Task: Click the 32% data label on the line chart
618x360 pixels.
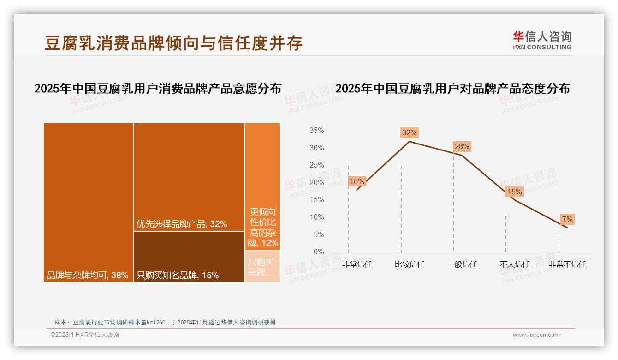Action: pos(409,133)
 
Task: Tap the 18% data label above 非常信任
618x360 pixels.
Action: pos(357,182)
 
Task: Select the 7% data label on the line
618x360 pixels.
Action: pos(567,220)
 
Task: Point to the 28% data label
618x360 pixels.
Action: pos(462,147)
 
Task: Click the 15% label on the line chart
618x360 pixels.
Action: pos(514,192)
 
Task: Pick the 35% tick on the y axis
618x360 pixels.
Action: pos(316,131)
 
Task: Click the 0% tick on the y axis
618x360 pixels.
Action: pos(319,252)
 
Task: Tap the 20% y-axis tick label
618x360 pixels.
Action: pos(316,183)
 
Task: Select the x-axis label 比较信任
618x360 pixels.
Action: pos(409,264)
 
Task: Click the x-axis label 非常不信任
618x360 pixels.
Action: pos(567,264)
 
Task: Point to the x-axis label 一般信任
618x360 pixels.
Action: pos(462,264)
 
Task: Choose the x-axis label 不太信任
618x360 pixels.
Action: pos(514,264)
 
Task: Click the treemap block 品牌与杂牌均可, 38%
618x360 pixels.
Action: pos(89,202)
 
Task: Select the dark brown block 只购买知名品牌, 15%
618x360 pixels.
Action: pos(189,257)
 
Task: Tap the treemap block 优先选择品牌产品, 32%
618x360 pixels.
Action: pos(189,177)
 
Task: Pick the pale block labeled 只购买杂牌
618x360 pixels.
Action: pos(262,267)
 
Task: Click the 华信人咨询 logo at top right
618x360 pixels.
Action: pos(542,40)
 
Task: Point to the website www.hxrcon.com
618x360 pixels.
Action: pos(536,335)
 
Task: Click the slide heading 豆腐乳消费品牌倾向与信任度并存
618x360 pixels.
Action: pos(173,43)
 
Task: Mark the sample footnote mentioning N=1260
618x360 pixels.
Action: pos(165,322)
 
